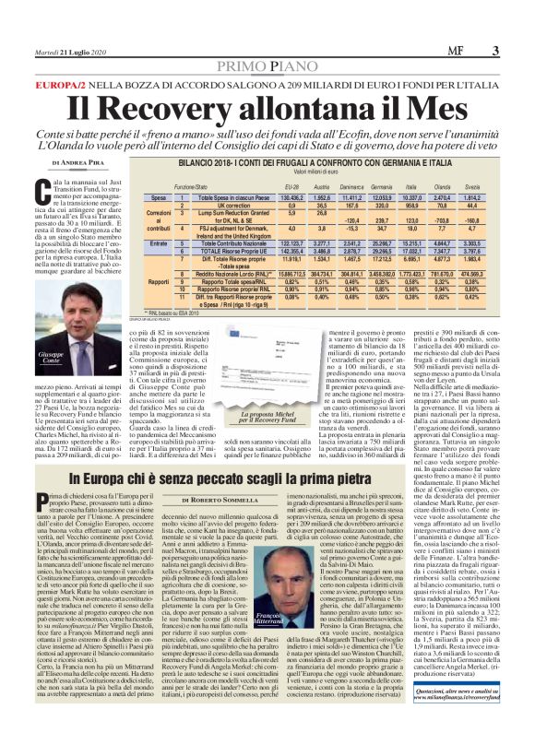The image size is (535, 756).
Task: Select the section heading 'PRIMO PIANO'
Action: pos(267,43)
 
